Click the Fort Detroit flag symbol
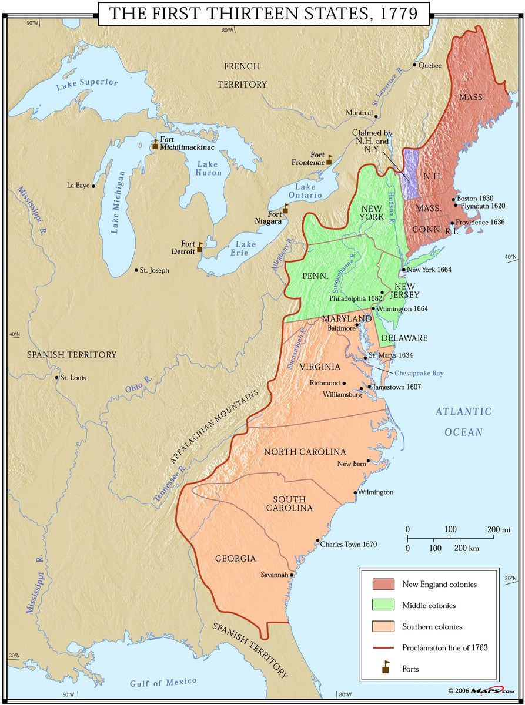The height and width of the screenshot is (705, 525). tap(200, 247)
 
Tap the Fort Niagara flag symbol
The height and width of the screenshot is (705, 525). tap(286, 209)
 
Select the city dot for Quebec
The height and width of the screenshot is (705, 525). tap(414, 65)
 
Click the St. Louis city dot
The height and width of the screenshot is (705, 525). tap(56, 378)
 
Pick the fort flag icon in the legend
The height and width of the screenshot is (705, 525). tap(386, 666)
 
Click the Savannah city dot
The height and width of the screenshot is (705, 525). tap(292, 575)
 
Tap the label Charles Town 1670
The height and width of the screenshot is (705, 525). tap(349, 545)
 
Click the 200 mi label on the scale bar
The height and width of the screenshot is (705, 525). tap(499, 529)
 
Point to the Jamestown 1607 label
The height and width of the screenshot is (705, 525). tap(397, 387)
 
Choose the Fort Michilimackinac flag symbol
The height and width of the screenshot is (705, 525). tap(155, 143)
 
